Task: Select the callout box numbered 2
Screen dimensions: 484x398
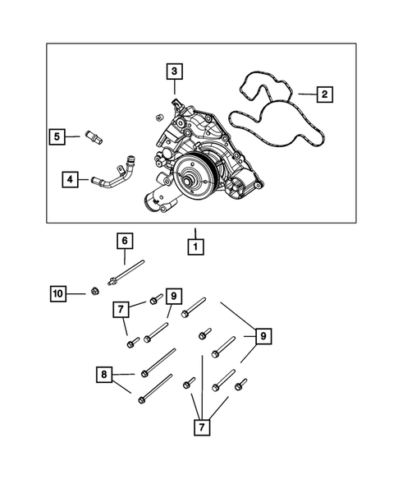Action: click(x=324, y=95)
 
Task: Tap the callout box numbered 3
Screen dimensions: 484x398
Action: click(x=174, y=71)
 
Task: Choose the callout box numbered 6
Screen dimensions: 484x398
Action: click(x=124, y=241)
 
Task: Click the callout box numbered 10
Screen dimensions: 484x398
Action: click(x=57, y=293)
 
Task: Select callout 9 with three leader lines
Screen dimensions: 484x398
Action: click(x=263, y=336)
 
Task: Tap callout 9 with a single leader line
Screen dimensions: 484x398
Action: click(x=172, y=295)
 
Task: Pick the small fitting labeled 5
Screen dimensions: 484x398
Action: click(x=92, y=135)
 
